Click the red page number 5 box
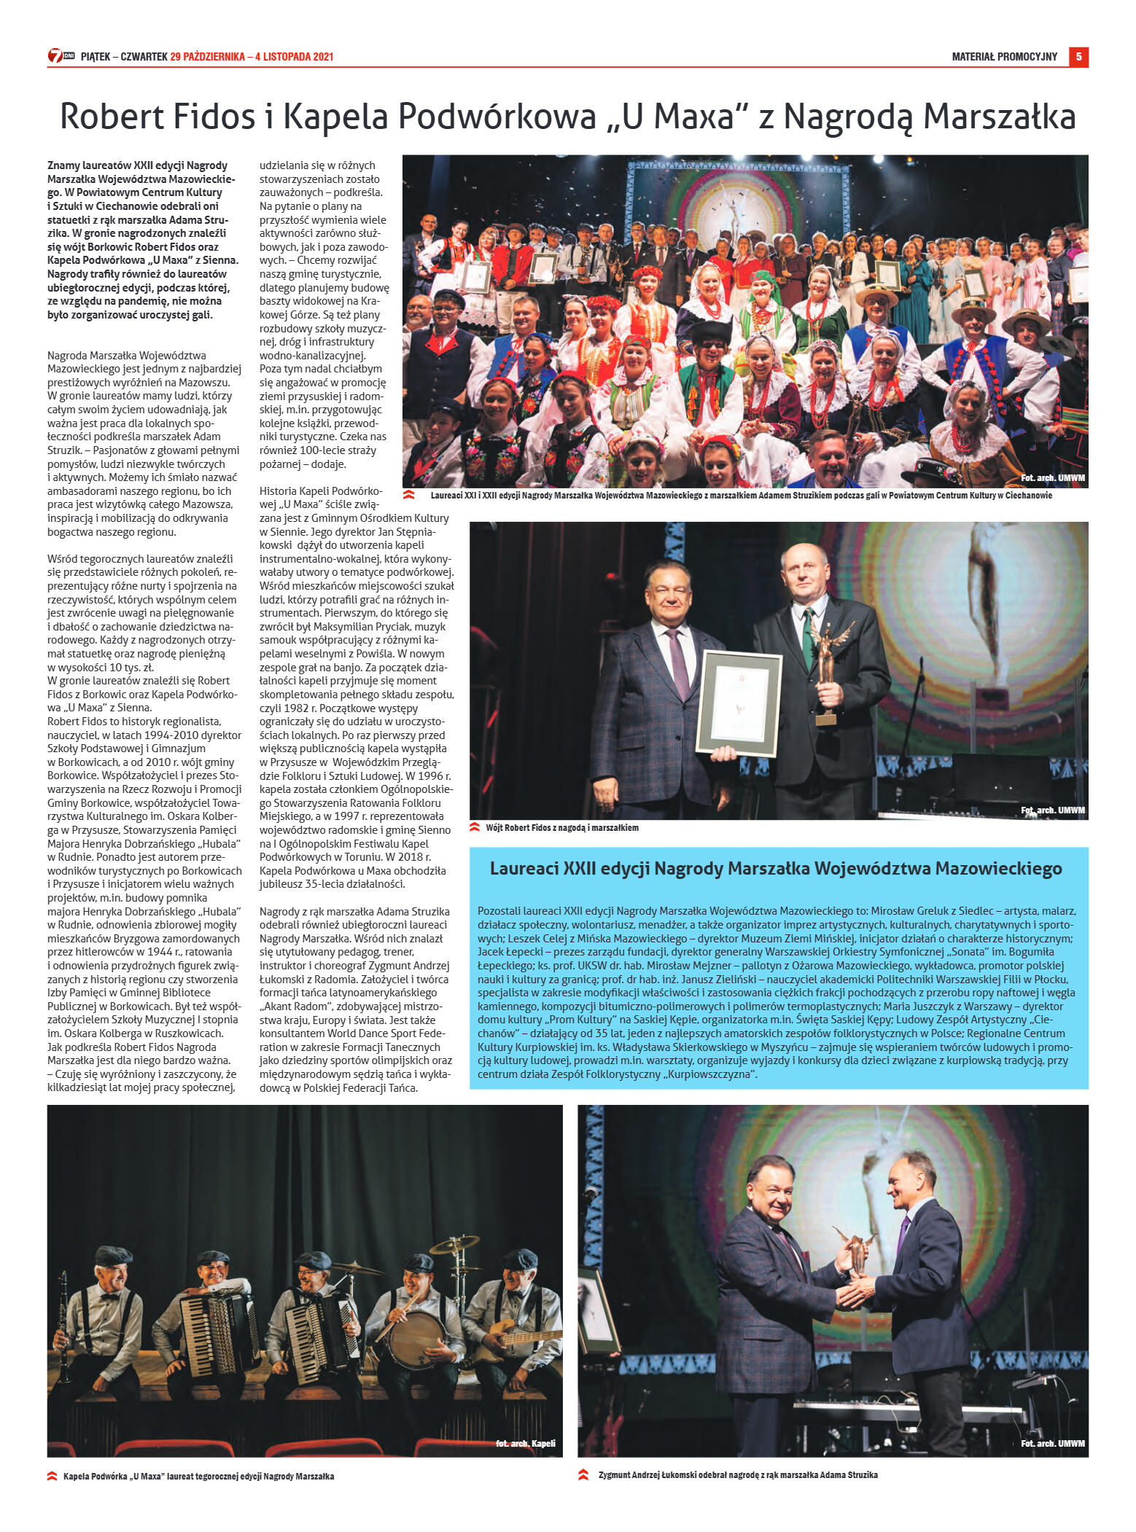(1078, 57)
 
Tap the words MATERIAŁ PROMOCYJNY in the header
(1004, 57)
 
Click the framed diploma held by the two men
(739, 703)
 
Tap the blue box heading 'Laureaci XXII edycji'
(775, 868)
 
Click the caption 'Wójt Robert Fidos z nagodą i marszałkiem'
(561, 827)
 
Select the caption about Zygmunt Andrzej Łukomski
(737, 1474)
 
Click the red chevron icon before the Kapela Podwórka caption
(52, 1476)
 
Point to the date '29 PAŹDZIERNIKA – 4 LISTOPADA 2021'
(252, 57)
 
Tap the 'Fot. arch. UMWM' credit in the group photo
(1052, 478)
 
